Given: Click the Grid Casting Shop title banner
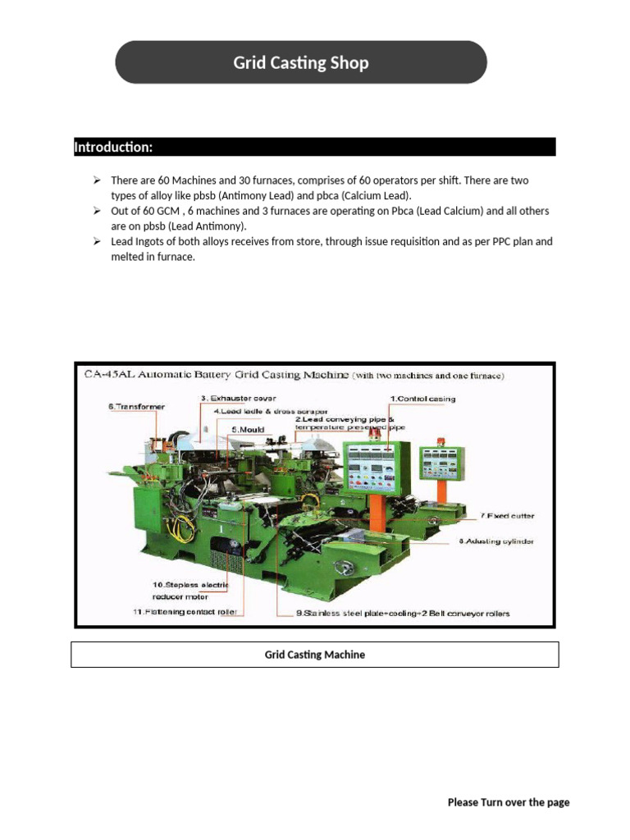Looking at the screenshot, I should pos(300,63).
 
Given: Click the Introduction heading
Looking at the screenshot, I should pos(113,148).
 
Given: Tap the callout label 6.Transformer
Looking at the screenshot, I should pos(135,406).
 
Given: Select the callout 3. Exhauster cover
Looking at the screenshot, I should pos(233,399).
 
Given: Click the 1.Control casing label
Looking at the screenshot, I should pos(422,399).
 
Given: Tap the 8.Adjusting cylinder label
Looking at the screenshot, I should pos(495,541).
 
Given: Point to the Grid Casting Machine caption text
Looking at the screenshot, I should pos(314,655).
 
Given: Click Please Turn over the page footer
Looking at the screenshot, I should pos(508,802).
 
